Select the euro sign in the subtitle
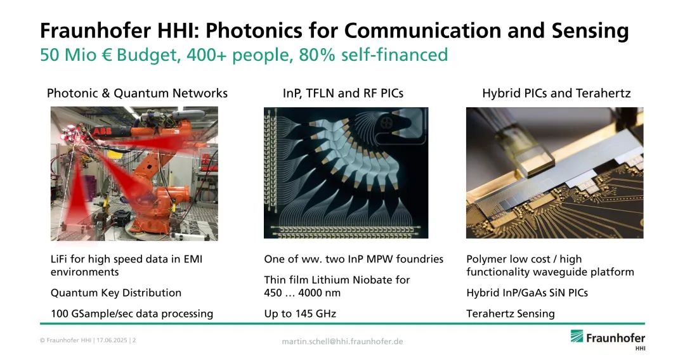click(x=107, y=55)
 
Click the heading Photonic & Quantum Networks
click(x=137, y=93)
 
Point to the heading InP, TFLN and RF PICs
click(x=343, y=93)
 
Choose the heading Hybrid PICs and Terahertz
click(x=556, y=93)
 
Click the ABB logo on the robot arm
click(x=101, y=131)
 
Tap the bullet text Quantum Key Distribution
click(x=116, y=293)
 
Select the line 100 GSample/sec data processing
click(x=132, y=314)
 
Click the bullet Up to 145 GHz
click(x=300, y=314)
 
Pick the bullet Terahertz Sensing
click(x=510, y=314)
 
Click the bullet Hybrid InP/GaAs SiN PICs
click(x=527, y=293)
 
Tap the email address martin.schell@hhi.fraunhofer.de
click(x=342, y=342)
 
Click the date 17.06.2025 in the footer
click(x=112, y=340)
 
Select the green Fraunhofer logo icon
click(x=577, y=337)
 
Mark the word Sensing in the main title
click(x=590, y=31)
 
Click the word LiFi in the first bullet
click(x=59, y=259)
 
